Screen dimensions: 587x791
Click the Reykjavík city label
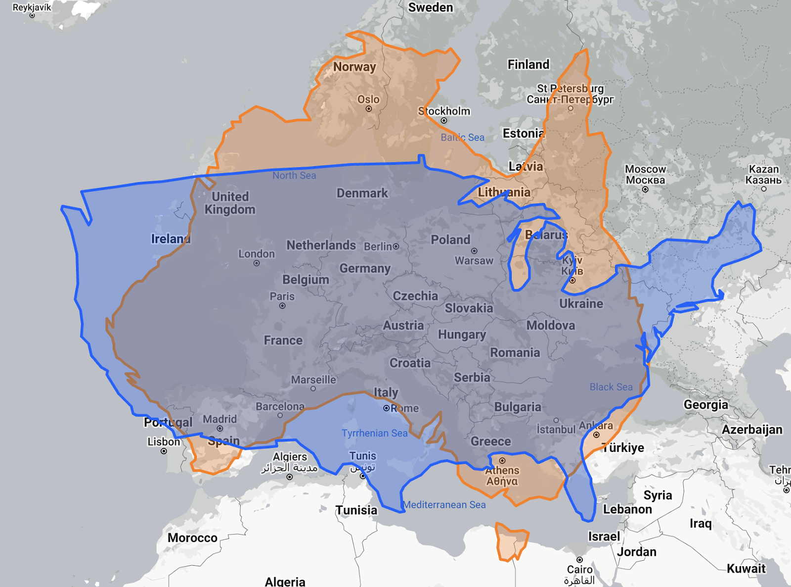click(x=32, y=7)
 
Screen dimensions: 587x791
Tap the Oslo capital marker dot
click(x=369, y=109)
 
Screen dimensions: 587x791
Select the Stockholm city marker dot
click(x=444, y=120)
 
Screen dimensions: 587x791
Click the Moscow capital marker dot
click(x=645, y=190)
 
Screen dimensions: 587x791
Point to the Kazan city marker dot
click(x=764, y=189)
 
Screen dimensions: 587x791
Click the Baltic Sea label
click(x=462, y=137)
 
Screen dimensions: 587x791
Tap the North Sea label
click(x=294, y=175)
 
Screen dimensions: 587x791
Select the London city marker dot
click(x=257, y=263)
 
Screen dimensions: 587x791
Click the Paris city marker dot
click(x=282, y=306)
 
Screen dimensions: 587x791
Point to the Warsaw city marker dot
click(x=474, y=251)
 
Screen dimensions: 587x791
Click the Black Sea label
click(x=611, y=387)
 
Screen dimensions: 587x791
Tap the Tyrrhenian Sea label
click(x=374, y=433)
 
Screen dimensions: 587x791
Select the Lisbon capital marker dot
click(x=164, y=451)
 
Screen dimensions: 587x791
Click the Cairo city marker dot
click(x=580, y=560)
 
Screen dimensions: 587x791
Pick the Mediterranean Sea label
click(x=444, y=505)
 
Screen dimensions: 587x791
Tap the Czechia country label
click(x=415, y=296)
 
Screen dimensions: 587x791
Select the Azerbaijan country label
click(x=752, y=429)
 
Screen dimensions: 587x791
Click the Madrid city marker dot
click(x=220, y=429)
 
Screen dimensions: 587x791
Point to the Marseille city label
click(x=313, y=380)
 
